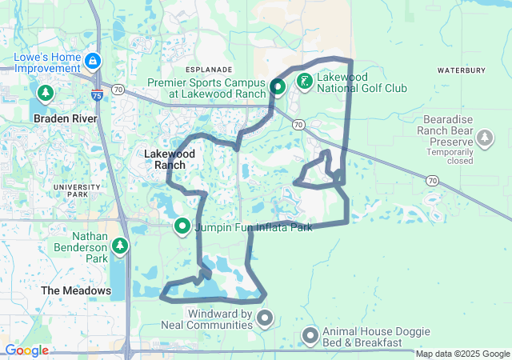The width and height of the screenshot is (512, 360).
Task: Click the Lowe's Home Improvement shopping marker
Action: point(94,61)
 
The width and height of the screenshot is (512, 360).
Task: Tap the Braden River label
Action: point(66,118)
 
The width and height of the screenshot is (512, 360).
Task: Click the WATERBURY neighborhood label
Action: point(462,70)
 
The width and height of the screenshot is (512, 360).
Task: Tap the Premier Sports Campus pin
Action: point(278,87)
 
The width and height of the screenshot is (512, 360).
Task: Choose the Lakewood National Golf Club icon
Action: point(305,82)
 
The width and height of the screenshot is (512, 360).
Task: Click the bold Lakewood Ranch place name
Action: point(166,158)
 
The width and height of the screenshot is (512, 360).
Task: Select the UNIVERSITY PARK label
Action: point(77,191)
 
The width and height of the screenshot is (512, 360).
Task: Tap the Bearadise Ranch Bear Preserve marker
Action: point(484,140)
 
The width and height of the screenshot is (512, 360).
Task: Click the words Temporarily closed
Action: point(450,155)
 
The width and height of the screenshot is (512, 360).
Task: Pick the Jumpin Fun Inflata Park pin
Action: point(182,227)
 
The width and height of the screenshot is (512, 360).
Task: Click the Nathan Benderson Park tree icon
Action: point(120,246)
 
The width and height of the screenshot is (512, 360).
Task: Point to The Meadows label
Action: point(76,290)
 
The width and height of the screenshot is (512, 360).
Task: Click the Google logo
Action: point(26,350)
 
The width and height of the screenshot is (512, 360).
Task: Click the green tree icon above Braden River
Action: point(45,94)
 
